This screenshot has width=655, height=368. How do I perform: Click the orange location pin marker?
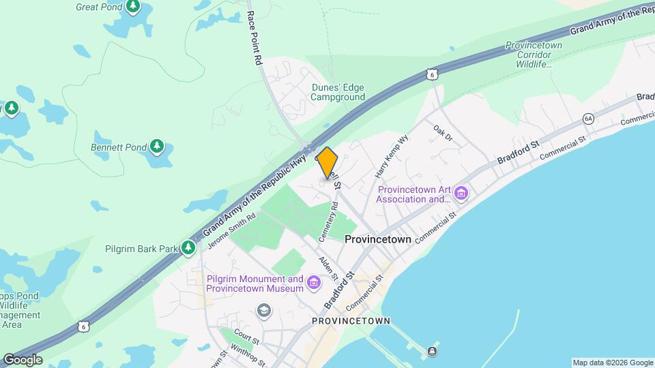[327, 162]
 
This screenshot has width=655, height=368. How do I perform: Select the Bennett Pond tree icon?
[158, 147]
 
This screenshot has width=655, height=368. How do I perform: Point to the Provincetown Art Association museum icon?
[462, 194]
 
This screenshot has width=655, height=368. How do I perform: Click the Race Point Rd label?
[254, 37]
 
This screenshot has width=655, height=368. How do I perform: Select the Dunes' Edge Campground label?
[338, 92]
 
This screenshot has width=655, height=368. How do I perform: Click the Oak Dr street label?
[443, 132]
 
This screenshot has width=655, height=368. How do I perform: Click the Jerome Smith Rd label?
[231, 230]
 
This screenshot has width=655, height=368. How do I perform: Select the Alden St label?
[327, 267]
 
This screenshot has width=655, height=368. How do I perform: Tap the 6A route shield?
[588, 119]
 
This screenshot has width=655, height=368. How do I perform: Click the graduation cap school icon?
[263, 311]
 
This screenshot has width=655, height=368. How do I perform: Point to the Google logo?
[23, 360]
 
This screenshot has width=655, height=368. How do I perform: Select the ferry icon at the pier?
[432, 352]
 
